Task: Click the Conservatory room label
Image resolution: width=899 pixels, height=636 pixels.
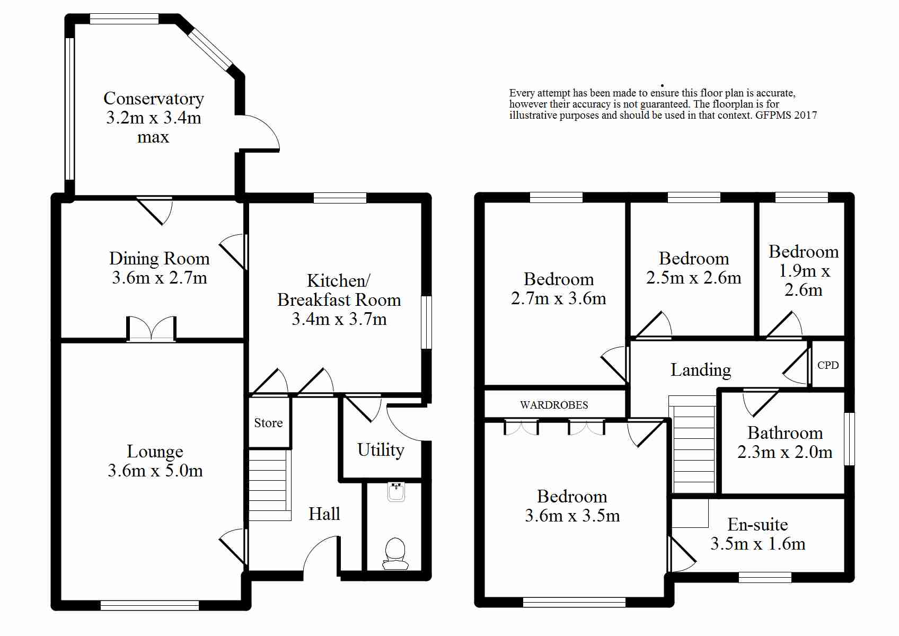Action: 154,98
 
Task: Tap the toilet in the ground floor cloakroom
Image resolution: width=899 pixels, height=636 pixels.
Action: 395,554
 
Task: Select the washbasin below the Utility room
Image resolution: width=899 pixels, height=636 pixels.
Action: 396,492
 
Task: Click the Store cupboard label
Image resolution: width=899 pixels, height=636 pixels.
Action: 268,422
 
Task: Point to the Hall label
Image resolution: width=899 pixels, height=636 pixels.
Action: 324,514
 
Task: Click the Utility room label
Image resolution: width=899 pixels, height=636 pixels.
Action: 381,450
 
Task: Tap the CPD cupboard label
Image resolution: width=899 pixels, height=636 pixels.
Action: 828,365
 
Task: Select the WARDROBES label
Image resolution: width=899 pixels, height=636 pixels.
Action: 554,405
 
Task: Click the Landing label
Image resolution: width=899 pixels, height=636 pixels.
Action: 701,370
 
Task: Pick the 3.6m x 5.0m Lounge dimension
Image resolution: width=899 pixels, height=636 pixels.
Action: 155,470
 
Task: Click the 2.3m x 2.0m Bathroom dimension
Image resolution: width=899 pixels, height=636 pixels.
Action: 785,452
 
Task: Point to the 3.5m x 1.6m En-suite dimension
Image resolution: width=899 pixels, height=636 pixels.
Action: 757,544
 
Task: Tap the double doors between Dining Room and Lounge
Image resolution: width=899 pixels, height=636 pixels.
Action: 151,329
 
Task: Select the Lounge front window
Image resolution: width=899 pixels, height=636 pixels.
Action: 149,605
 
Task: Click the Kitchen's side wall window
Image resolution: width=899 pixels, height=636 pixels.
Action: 426,322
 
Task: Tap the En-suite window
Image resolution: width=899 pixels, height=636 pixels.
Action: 765,577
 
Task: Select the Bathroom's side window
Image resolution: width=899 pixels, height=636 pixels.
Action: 849,439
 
